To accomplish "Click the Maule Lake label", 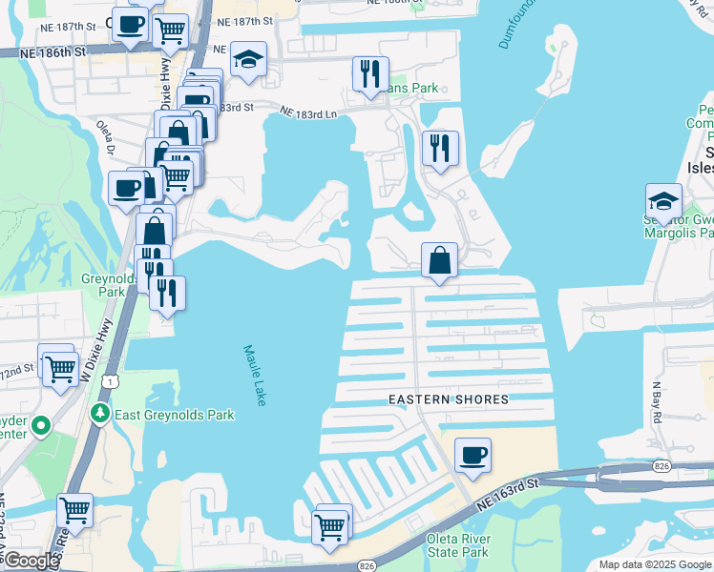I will click(x=254, y=376).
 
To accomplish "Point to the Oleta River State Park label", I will click(x=457, y=545).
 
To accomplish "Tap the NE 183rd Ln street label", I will click(x=308, y=113).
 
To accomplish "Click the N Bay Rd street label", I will click(x=657, y=398).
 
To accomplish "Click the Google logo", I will click(x=32, y=561).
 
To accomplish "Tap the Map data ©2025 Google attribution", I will click(x=654, y=564).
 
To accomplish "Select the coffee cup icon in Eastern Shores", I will click(x=472, y=455).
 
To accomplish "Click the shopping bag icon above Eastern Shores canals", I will click(x=439, y=259).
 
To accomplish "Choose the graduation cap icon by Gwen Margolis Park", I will click(x=663, y=200).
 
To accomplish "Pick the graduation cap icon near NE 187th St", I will click(x=248, y=61).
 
